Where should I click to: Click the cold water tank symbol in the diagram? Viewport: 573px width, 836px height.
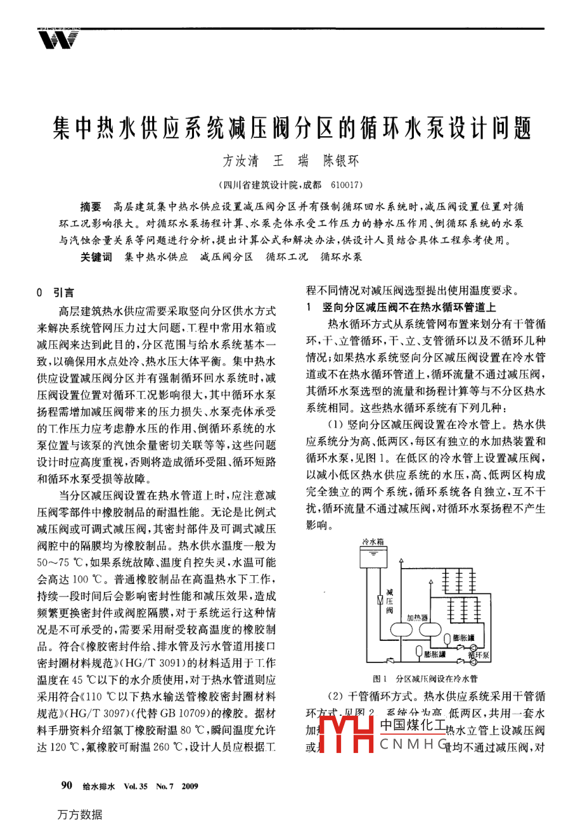(374, 557)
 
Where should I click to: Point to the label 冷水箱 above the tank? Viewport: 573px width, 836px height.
(372, 541)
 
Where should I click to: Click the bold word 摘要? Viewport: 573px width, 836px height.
(91, 207)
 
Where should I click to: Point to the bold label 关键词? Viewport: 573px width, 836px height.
(96, 257)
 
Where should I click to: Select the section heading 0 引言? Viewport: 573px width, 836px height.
(56, 293)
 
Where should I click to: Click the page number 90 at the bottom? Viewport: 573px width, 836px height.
(67, 786)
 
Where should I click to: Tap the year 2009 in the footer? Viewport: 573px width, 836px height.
(190, 787)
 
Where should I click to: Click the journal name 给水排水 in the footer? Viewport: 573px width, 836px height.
(98, 787)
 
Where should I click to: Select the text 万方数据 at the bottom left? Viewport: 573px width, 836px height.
(79, 814)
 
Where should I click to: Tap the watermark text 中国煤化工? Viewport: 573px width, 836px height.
(412, 726)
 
